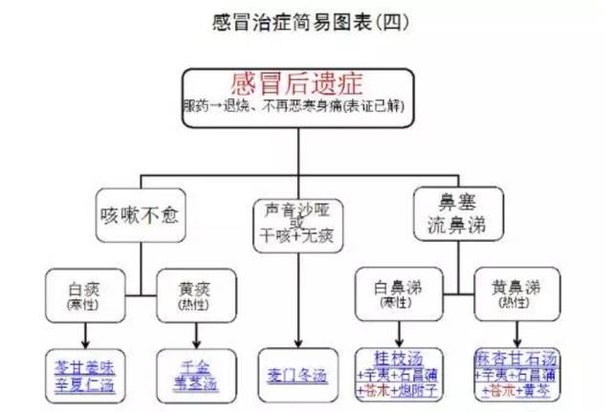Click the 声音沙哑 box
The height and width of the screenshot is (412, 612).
click(298, 220)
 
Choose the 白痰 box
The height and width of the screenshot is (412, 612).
click(86, 293)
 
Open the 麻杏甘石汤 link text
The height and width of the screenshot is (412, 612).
click(518, 357)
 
